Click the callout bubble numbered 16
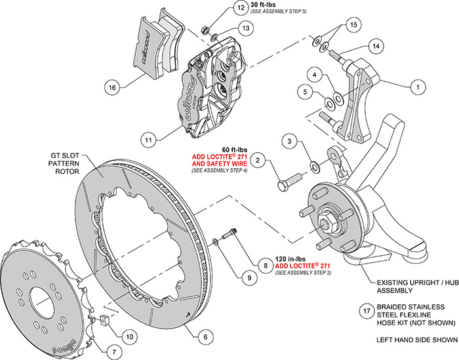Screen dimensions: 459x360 click(x=112, y=87)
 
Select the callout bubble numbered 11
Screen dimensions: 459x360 click(x=148, y=140)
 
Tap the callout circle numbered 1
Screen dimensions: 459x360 click(x=418, y=87)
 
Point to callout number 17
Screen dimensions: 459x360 click(x=367, y=311)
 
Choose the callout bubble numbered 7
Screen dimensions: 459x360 click(x=114, y=351)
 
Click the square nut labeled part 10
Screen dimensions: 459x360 click(x=104, y=319)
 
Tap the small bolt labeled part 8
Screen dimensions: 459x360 click(x=229, y=235)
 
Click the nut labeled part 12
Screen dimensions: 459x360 click(x=205, y=30)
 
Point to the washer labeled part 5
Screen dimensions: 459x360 click(x=329, y=104)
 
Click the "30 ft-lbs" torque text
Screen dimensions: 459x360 click(x=263, y=5)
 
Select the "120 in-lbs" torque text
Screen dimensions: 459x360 click(x=290, y=259)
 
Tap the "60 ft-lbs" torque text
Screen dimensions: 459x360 click(x=235, y=150)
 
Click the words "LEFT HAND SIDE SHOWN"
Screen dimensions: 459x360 click(x=417, y=340)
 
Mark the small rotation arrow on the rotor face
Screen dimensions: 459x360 click(x=187, y=315)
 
